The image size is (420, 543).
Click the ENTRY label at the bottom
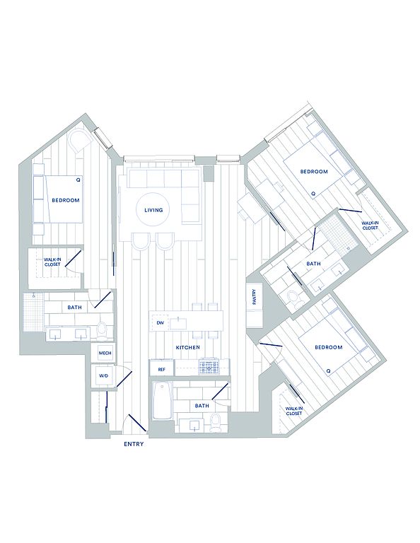point(134,444)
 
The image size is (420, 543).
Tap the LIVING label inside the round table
point(153,210)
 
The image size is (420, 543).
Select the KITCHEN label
point(187,347)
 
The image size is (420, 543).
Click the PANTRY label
point(255,297)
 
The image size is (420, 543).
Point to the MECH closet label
point(105,354)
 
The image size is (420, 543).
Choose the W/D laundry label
point(103,375)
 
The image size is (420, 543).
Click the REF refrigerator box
point(162,369)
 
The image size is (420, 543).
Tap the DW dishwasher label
point(160,323)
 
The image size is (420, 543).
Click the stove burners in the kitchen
point(209,367)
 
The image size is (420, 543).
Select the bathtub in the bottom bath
point(162,401)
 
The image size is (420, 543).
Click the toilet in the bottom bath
point(216,423)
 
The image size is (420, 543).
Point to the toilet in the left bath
point(102,330)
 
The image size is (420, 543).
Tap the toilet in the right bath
point(295,300)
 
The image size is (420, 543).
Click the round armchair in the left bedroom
point(81,140)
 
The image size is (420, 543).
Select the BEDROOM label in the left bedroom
point(66,200)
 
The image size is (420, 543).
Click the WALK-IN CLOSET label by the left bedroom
point(52,262)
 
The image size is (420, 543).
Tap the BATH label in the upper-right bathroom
point(313,264)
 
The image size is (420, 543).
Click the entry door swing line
point(137,423)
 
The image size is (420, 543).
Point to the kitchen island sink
point(178,323)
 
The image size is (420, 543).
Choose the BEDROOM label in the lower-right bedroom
point(329,347)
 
